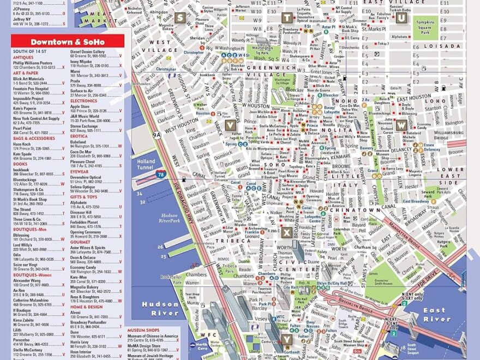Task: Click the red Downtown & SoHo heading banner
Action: [68, 42]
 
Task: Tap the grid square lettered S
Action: [181, 18]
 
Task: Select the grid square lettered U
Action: [401, 18]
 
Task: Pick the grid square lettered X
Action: [287, 232]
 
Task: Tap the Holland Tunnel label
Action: [146, 165]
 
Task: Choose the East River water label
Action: [437, 315]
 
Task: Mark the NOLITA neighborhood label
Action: [337, 130]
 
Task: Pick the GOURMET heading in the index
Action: [80, 242]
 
